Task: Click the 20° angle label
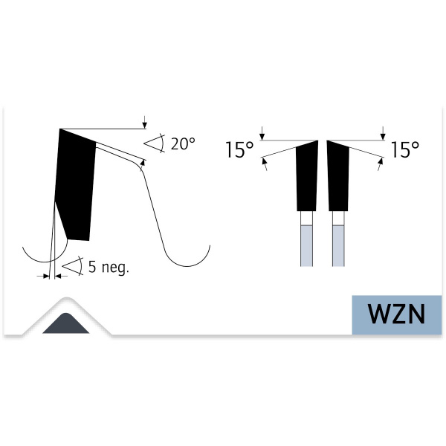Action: [183, 144]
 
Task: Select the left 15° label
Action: [240, 151]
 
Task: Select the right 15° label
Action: [405, 151]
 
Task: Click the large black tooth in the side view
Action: [76, 186]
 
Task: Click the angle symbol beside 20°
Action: [154, 144]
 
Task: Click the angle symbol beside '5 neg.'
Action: [72, 266]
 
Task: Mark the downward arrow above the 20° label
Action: [145, 122]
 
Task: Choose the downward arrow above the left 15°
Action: [262, 132]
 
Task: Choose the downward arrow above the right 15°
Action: [383, 132]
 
